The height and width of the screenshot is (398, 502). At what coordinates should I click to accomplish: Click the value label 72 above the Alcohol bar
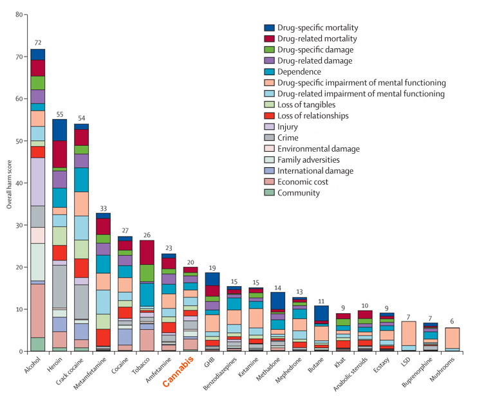pyautogui.click(x=38, y=42)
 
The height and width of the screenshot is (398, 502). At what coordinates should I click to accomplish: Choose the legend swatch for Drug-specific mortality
pyautogui.click(x=270, y=28)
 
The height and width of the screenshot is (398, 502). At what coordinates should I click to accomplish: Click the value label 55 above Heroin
pyautogui.click(x=60, y=113)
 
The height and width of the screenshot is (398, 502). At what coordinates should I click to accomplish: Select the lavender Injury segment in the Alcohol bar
pyautogui.click(x=38, y=181)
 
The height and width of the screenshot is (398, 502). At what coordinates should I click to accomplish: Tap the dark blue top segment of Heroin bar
pyautogui.click(x=60, y=130)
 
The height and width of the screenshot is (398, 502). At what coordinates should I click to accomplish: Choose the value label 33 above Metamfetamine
pyautogui.click(x=104, y=207)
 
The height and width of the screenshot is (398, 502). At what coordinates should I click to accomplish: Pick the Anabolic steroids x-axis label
pyautogui.click(x=344, y=376)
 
